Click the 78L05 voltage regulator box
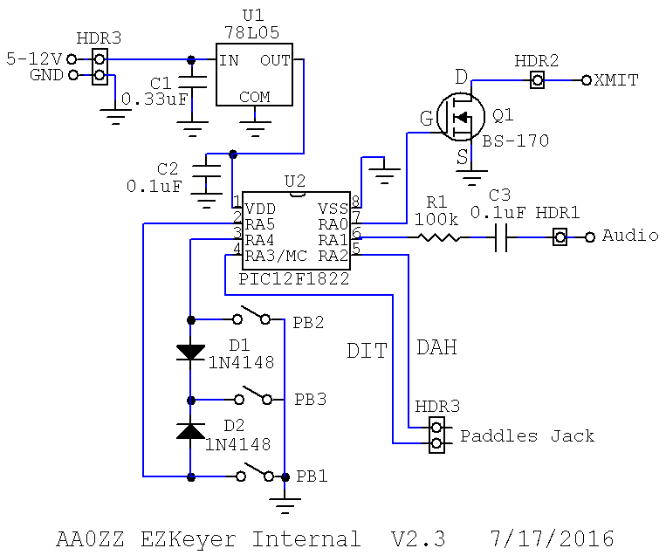tap(254, 75)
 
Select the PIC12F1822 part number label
tap(297, 279)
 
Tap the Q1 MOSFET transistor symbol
tap(462, 117)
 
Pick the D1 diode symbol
tap(190, 352)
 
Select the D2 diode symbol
tap(190, 429)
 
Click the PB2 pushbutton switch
tap(253, 315)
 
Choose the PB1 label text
tap(311, 476)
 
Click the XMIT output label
tap(616, 80)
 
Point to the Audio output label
tap(630, 236)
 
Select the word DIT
tap(367, 351)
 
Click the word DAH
tap(436, 347)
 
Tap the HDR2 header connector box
tap(539, 80)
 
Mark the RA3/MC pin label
tap(276, 256)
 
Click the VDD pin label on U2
tap(261, 209)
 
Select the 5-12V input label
tap(34, 59)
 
